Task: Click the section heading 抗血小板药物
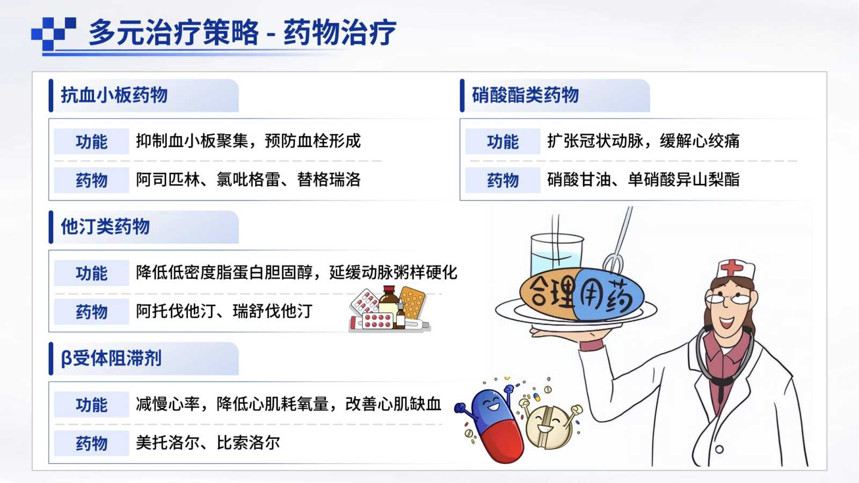(x=114, y=95)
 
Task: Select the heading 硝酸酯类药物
(x=526, y=95)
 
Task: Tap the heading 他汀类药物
(x=105, y=226)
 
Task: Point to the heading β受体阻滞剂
(x=111, y=358)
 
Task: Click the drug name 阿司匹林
(x=168, y=179)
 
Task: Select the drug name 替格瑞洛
(x=329, y=179)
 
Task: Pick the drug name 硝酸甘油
(x=579, y=179)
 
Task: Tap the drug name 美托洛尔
(x=168, y=443)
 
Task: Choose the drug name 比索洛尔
(x=249, y=443)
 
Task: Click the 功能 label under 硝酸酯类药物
(x=503, y=142)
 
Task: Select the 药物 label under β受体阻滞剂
(x=92, y=443)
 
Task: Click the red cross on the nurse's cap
(x=732, y=267)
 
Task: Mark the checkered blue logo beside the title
(x=54, y=34)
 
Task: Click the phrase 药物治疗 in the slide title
(x=340, y=33)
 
